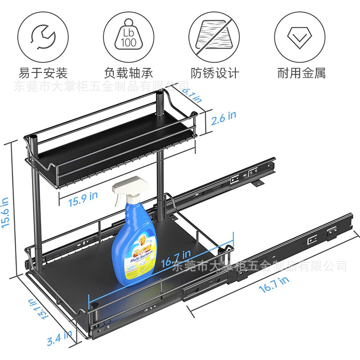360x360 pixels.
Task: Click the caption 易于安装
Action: click(43, 73)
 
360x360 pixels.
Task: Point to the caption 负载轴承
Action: click(129, 73)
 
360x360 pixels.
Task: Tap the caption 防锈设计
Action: click(215, 73)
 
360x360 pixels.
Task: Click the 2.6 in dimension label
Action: click(224, 117)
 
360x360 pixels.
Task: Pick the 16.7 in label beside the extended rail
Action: click(274, 284)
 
